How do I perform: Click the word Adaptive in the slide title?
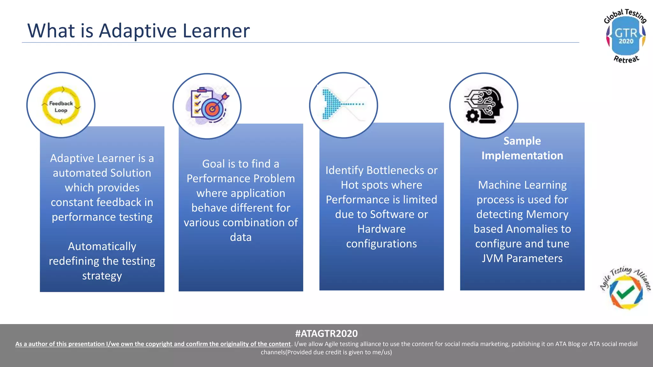point(137,31)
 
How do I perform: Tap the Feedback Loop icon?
point(61,105)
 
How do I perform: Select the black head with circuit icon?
point(484,104)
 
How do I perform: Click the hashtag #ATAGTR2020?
point(326,333)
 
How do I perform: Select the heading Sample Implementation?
point(522,148)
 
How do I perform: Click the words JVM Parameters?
point(522,258)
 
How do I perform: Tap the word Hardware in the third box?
point(381,229)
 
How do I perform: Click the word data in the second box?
point(241,237)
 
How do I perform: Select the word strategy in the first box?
point(102,276)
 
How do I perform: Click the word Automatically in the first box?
point(102,246)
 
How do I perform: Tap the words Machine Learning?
point(522,185)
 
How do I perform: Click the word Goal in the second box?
point(213,164)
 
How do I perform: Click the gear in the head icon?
point(472,116)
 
